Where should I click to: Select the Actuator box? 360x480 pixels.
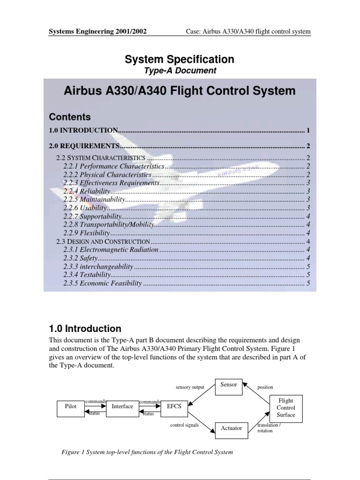(232, 428)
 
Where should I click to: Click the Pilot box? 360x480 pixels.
(70, 407)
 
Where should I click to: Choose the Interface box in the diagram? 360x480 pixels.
(122, 406)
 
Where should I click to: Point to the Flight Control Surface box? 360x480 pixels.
(286, 408)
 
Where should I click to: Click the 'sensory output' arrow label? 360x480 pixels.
(190, 388)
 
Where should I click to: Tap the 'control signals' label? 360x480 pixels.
(184, 425)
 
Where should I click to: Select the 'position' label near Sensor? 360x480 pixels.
(265, 388)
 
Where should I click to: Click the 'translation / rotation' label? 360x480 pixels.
(269, 428)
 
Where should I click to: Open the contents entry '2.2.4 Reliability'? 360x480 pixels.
(87, 191)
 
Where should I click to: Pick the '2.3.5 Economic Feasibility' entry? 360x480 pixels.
(103, 283)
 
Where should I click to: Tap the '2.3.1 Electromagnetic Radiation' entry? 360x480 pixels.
(111, 249)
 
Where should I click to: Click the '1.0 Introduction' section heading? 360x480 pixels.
(85, 329)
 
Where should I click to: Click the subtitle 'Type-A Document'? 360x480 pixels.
(180, 71)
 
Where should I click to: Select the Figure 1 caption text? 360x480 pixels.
(147, 452)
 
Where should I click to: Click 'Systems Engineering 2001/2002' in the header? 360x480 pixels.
(98, 31)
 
